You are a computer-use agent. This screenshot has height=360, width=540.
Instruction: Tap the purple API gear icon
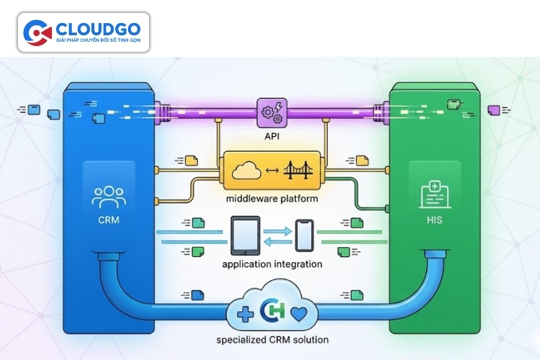271,113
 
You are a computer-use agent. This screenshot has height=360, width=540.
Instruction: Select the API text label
271,135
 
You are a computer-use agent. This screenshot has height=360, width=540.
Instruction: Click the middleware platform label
271,199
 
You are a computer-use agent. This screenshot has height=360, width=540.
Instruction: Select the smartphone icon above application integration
304,236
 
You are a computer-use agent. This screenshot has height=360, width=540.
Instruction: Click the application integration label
272,264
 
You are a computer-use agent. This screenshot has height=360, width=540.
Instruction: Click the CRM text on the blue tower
109,220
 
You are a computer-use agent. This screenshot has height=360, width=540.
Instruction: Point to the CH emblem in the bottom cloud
271,312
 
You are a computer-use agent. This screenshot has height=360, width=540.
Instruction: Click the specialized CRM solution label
271,340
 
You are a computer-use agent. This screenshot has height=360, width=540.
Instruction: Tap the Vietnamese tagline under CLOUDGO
99,39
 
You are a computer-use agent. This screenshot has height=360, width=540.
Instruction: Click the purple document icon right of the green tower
494,110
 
